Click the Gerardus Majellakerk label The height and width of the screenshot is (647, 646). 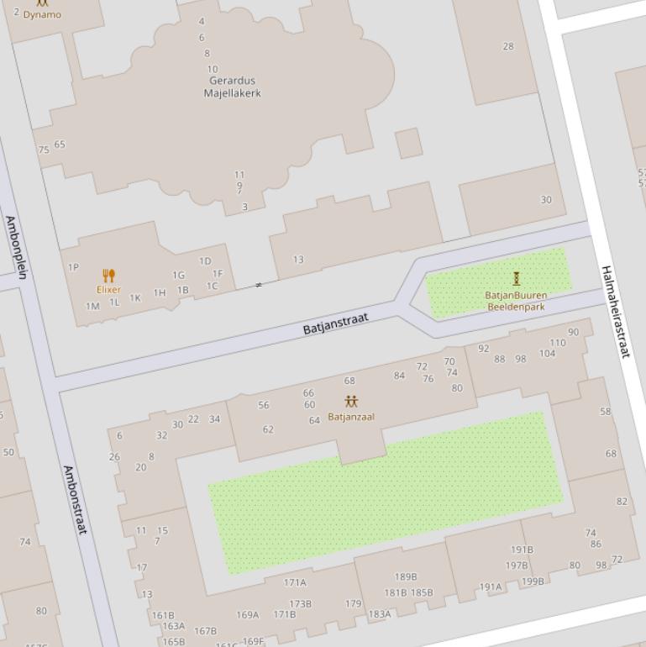(x=232, y=87)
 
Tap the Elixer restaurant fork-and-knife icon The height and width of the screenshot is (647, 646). (x=108, y=276)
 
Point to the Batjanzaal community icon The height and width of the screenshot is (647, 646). (x=351, y=402)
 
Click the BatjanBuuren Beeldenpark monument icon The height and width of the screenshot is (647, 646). (x=516, y=279)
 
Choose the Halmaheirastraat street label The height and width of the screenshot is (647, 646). (x=615, y=311)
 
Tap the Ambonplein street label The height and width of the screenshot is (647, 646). (x=16, y=246)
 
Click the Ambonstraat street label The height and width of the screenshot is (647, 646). (x=76, y=501)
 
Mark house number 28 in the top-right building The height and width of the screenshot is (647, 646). (x=508, y=46)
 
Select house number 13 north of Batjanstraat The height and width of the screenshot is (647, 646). (x=298, y=260)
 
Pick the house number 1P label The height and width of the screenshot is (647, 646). (x=73, y=267)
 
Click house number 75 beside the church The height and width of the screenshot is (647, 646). (x=44, y=150)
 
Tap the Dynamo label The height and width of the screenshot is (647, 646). (x=42, y=14)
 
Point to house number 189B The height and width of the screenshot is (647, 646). (x=406, y=577)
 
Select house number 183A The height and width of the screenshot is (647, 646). (x=380, y=614)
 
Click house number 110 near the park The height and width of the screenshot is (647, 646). (x=558, y=343)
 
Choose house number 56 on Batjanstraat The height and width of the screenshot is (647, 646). (x=264, y=405)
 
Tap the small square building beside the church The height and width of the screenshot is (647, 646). (x=409, y=143)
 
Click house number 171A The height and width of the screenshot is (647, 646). (x=295, y=582)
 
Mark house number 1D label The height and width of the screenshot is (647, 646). (x=205, y=261)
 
